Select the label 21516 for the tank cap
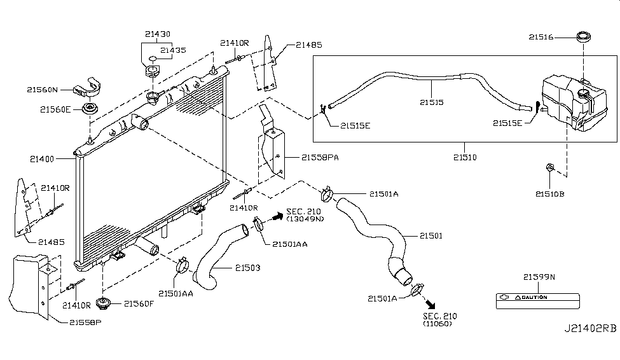pyautogui.click(x=541, y=38)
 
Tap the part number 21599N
pyautogui.click(x=539, y=277)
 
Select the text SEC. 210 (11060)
pyautogui.click(x=439, y=319)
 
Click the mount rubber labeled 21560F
pyautogui.click(x=101, y=302)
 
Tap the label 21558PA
pyautogui.click(x=320, y=157)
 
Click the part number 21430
pyautogui.click(x=156, y=34)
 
